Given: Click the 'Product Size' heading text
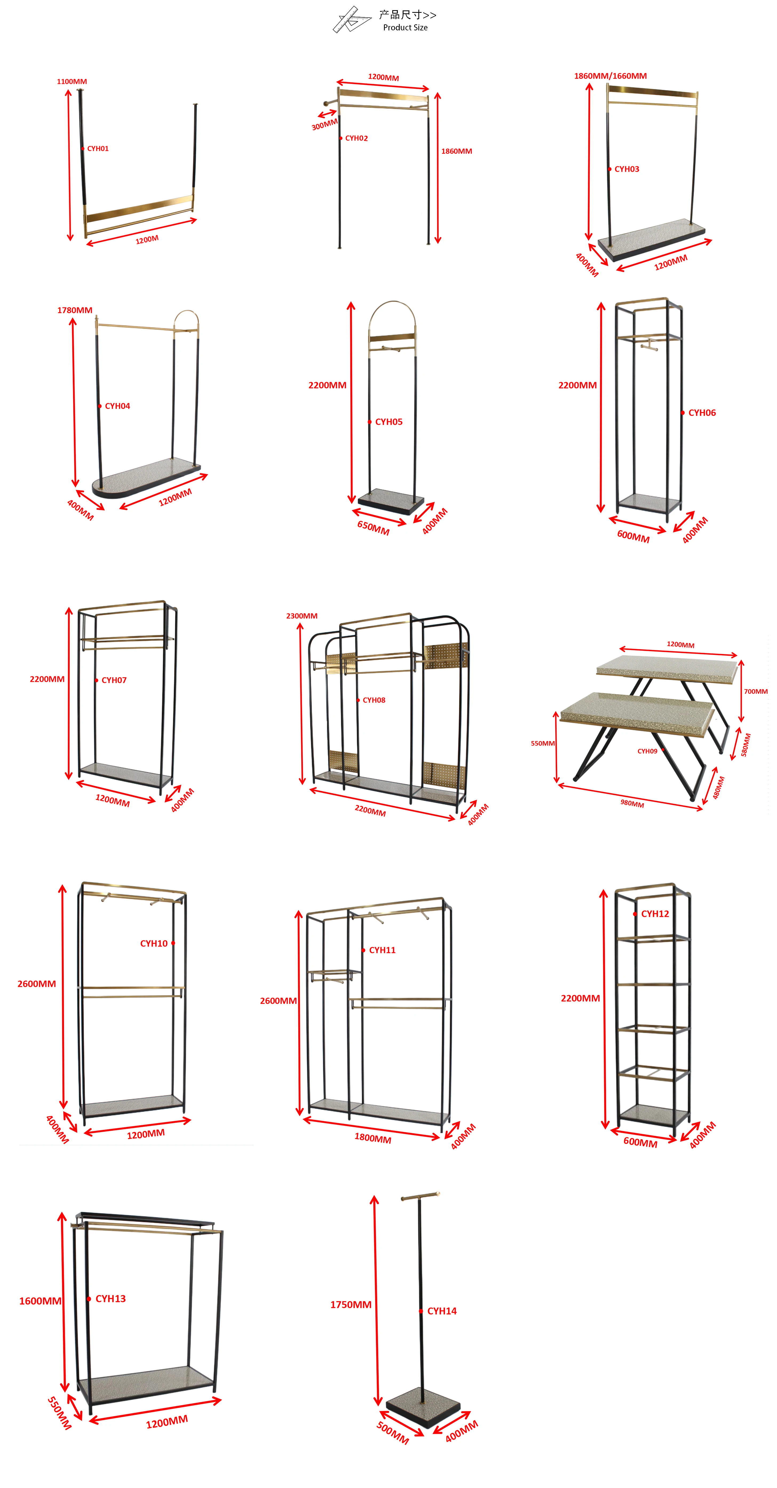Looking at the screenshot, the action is click(405, 28).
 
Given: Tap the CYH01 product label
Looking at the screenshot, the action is click(98, 148).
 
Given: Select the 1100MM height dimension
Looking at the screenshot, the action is click(72, 81).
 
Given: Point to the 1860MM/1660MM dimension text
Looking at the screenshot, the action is click(610, 76).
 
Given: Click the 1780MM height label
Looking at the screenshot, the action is click(74, 310).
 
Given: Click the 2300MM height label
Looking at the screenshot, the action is click(302, 616).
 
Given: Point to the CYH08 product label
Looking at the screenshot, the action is click(374, 700).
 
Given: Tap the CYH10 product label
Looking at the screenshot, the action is click(154, 943).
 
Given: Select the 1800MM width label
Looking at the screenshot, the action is click(372, 1138).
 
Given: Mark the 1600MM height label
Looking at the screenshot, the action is click(40, 1301).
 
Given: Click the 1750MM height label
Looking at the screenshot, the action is click(351, 1304).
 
